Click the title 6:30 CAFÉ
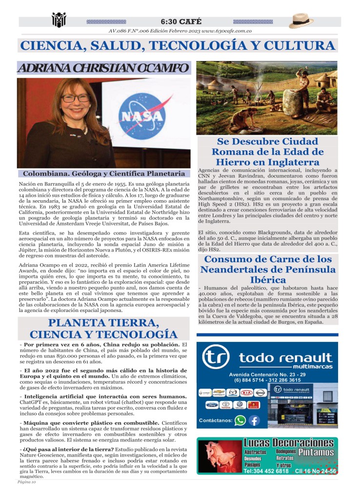coord(180,22)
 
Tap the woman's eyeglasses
coord(75,98)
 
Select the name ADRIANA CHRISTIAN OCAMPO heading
coord(103,68)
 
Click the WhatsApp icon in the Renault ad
coord(240,420)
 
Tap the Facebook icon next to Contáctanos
coord(254,420)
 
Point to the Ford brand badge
coord(205,405)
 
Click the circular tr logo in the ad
coord(216,358)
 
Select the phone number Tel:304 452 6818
coord(266,471)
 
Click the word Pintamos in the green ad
coord(316,452)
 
